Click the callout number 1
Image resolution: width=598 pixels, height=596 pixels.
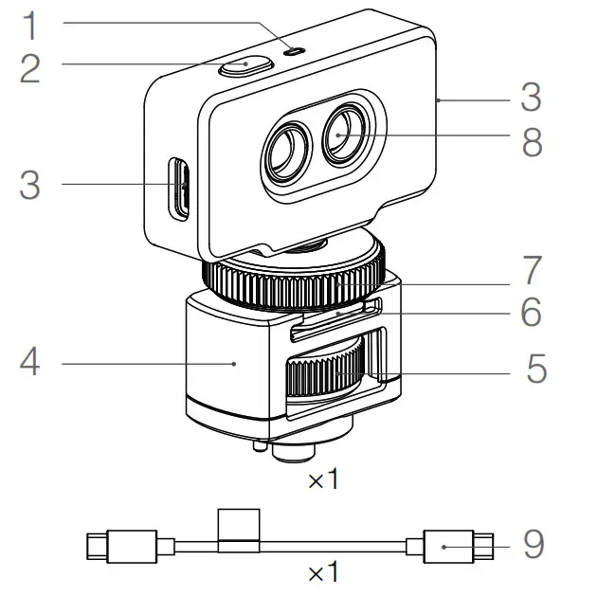point(32,25)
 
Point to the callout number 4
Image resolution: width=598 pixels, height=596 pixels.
point(31,362)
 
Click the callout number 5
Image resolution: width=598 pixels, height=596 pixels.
point(536,368)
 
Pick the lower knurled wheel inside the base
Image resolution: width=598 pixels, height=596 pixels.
point(328,371)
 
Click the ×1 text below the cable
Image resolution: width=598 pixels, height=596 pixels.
point(323,572)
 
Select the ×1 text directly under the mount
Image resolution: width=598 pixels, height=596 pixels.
point(323,480)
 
